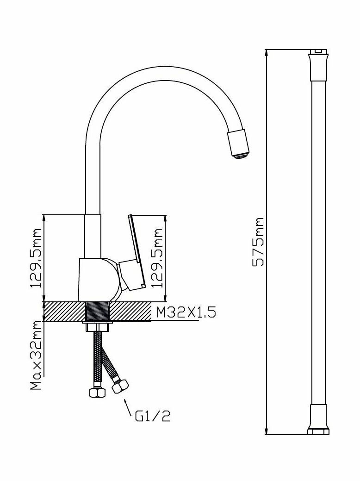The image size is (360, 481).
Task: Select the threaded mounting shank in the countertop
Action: [98, 311]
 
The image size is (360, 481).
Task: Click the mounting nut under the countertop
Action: [98, 327]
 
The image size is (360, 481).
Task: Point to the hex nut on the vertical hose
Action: [97, 393]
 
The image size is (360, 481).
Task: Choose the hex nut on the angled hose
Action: [121, 387]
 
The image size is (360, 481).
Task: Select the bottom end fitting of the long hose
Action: [318, 420]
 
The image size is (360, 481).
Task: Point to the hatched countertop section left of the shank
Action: [65, 311]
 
